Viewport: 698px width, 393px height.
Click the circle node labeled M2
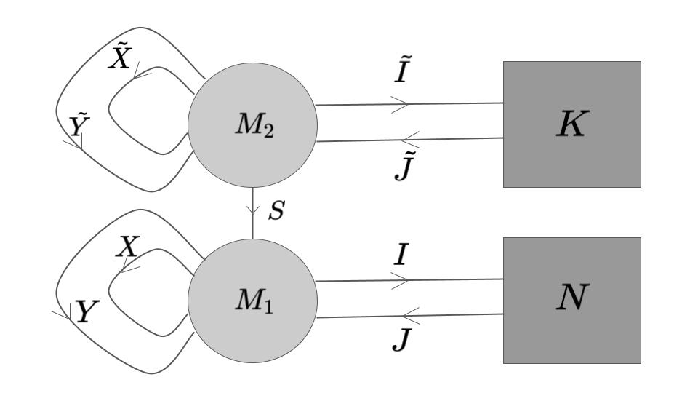pos(252,124)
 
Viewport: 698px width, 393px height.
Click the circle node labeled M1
pos(252,300)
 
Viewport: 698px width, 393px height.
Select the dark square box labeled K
pos(571,124)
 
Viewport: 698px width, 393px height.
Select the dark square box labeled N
pos(571,300)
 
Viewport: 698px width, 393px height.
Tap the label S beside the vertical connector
pos(276,212)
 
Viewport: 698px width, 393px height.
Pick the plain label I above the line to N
pos(401,255)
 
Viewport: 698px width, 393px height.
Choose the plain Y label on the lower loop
pos(86,313)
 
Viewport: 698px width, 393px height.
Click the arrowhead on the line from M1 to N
pos(401,281)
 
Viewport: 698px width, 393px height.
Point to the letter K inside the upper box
pos(571,125)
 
